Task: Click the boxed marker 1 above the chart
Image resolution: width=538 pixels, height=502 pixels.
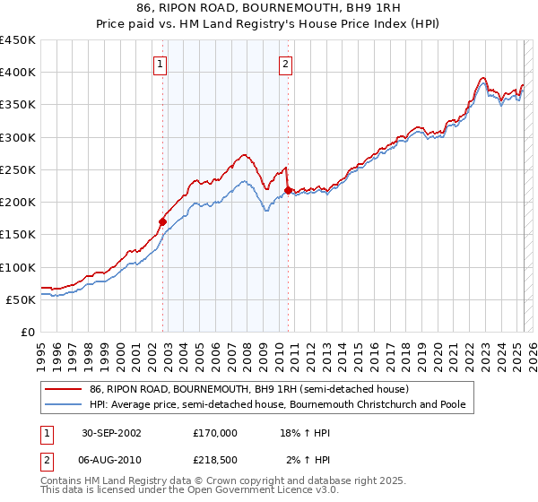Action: pyautogui.click(x=159, y=63)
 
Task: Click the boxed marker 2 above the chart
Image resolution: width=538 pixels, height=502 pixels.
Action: pyautogui.click(x=284, y=63)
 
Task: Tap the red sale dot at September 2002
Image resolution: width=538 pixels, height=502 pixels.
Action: pyautogui.click(x=163, y=221)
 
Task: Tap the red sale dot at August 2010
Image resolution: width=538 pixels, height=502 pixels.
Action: pyautogui.click(x=288, y=190)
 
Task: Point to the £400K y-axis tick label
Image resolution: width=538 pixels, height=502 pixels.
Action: pyautogui.click(x=17, y=73)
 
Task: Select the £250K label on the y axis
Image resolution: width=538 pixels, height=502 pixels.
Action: pyautogui.click(x=17, y=169)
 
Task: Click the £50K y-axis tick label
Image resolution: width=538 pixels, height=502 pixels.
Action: pyautogui.click(x=21, y=299)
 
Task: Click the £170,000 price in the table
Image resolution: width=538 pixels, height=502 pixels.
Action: pyautogui.click(x=214, y=432)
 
